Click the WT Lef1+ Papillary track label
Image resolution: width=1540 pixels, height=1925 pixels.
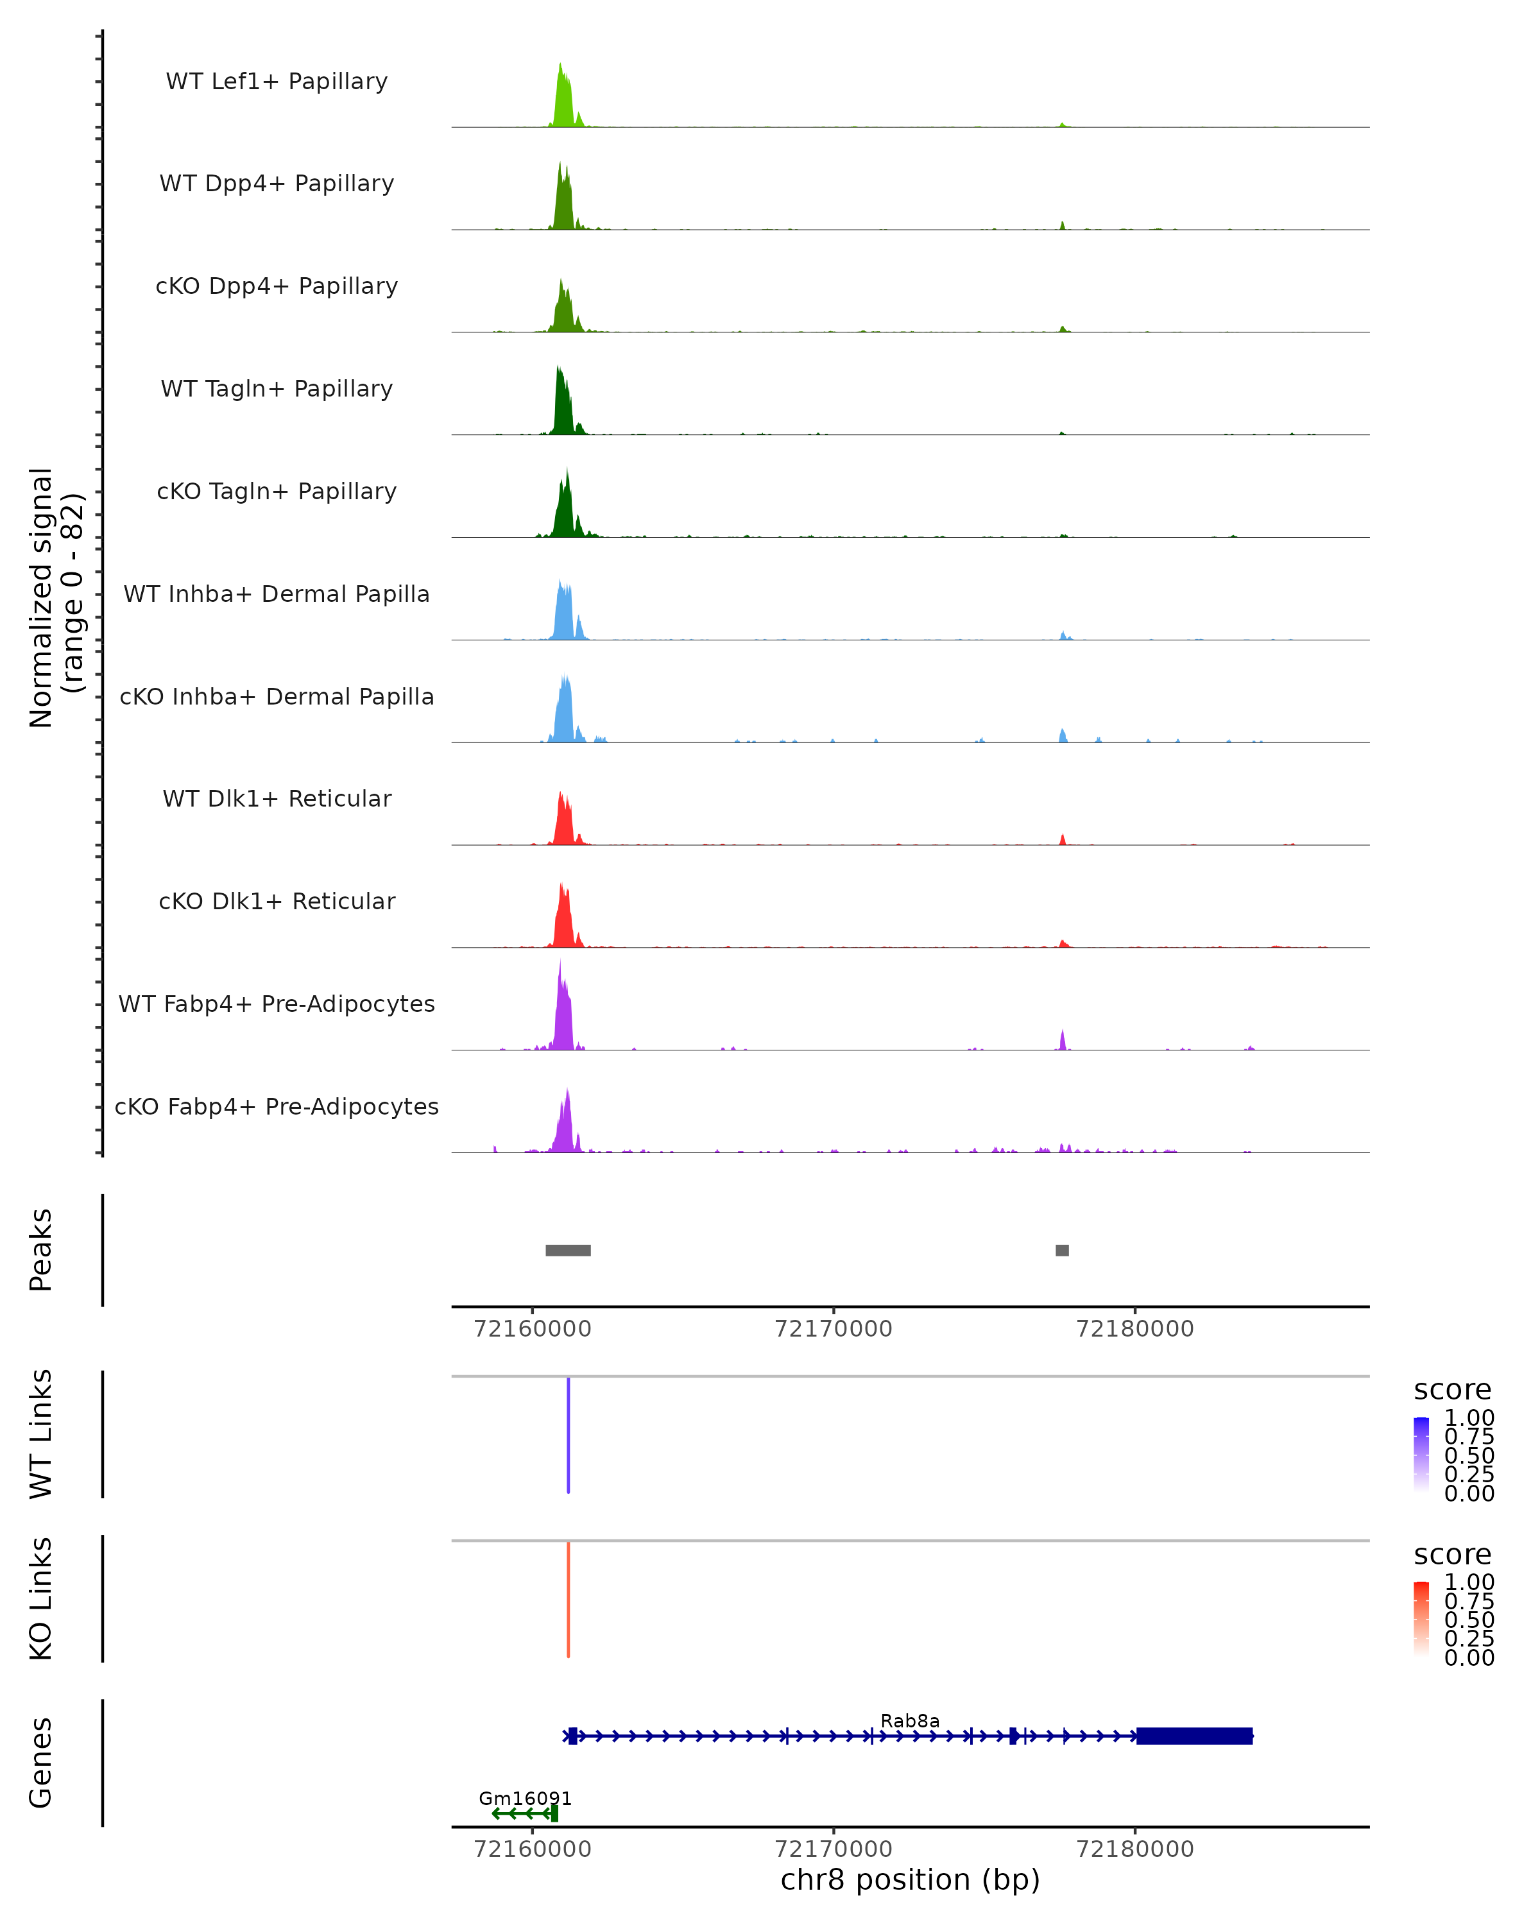click(x=277, y=81)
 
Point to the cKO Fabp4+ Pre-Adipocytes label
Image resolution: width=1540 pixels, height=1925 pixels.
click(x=277, y=1106)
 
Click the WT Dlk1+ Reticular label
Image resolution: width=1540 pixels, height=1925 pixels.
click(x=277, y=798)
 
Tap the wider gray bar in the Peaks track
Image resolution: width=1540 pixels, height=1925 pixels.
click(x=568, y=1250)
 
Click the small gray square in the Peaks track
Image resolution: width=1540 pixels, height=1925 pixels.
click(x=1061, y=1250)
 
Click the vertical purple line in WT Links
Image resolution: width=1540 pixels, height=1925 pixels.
click(x=568, y=1435)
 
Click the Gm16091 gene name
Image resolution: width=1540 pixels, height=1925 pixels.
click(x=525, y=1798)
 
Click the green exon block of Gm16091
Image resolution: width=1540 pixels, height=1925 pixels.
click(x=554, y=1813)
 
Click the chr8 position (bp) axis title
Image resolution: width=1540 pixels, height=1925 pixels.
click(x=910, y=1880)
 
